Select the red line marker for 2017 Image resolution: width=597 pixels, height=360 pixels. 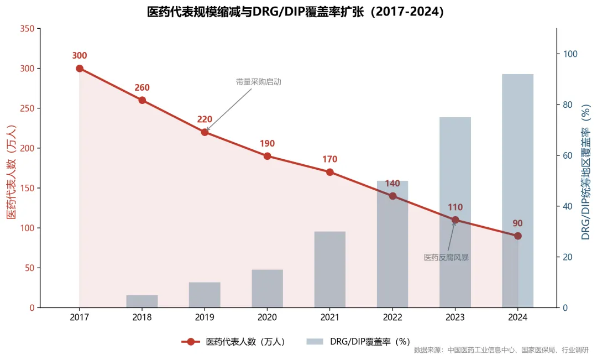tap(80, 69)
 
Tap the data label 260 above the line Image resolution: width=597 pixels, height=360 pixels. tap(142, 87)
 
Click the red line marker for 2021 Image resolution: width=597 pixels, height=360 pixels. tap(330, 172)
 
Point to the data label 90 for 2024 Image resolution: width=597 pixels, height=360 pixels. tap(517, 223)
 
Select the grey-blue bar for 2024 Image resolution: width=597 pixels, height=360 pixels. tap(517, 190)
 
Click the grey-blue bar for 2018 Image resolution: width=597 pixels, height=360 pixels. tap(142, 301)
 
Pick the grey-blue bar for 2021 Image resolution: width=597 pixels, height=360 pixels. tap(330, 269)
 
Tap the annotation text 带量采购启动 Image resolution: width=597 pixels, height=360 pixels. tap(259, 82)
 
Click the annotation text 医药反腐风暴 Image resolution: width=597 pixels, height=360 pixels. tap(446, 258)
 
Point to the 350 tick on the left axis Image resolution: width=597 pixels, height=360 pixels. tap(27, 29)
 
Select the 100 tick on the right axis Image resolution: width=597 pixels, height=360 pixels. tap(570, 54)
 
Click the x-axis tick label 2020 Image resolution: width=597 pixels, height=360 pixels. tap(267, 318)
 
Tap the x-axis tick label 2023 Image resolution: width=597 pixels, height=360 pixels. tap(455, 318)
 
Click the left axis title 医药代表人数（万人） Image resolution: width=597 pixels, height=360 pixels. tap(11, 171)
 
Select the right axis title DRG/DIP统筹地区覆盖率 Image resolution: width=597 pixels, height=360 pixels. tap(585, 171)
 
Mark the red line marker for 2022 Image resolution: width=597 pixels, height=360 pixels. tap(392, 196)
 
